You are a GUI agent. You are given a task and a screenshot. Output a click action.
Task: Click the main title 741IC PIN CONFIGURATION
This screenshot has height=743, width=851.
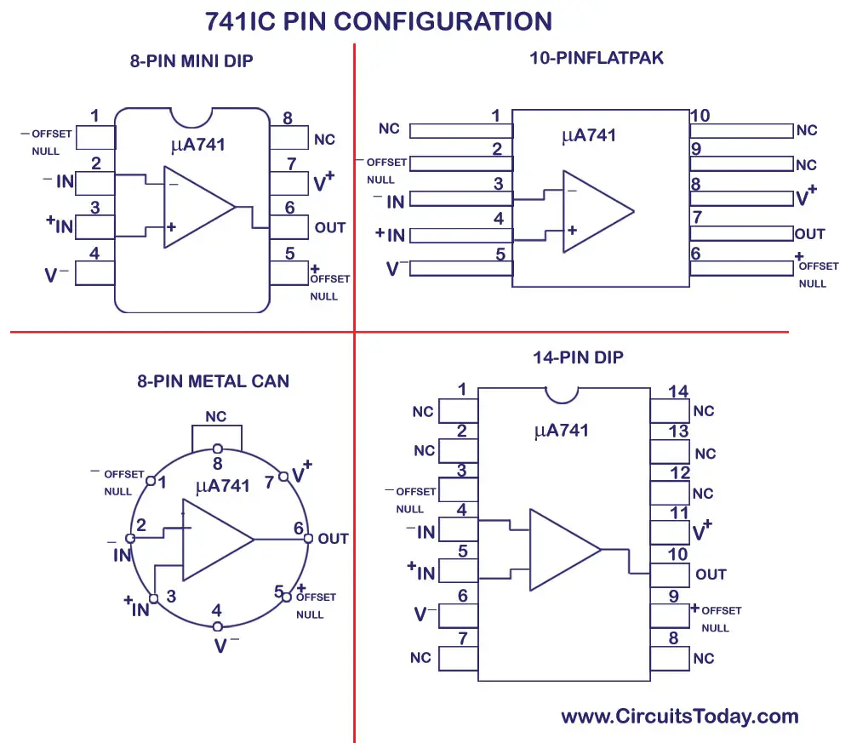point(379,21)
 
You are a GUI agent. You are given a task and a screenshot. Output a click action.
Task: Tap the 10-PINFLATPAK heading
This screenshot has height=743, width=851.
point(596,59)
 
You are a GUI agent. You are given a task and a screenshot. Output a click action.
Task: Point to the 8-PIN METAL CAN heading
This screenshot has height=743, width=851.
point(213,381)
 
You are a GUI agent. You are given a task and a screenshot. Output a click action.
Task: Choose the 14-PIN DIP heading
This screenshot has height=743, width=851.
point(578,357)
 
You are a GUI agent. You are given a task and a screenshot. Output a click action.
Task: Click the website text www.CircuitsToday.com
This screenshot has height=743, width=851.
point(679,717)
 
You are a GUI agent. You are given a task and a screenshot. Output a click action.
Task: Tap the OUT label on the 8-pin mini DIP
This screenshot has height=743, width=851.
point(330,227)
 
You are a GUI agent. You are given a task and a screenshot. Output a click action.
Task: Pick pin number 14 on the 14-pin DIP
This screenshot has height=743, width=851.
point(678,392)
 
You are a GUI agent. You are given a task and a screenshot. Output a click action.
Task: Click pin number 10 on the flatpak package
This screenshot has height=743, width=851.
point(700,116)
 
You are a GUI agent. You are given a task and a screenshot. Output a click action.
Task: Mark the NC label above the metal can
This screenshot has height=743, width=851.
point(216,417)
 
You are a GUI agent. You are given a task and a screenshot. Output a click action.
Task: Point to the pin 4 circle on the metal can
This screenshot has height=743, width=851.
point(216,627)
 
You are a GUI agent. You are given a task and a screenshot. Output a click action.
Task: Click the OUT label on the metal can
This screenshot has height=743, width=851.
point(333,539)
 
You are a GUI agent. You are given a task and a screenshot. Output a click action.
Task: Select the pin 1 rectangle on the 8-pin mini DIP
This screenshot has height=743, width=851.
point(95,138)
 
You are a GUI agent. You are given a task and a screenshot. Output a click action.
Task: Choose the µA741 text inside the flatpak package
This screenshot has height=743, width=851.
point(588,136)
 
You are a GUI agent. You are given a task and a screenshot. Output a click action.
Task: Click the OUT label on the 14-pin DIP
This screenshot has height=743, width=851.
point(711,574)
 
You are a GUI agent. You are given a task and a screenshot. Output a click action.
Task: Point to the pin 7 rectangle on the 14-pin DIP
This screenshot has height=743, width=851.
point(457,659)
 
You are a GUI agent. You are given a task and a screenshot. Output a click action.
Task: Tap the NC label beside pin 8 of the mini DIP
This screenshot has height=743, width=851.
point(324,140)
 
